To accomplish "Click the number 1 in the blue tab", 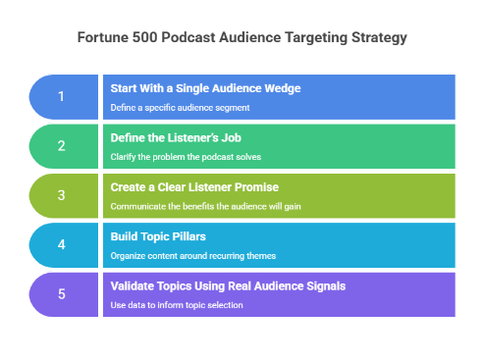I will pos(61,96).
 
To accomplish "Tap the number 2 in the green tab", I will pos(61,146).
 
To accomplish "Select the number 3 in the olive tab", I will pos(61,195).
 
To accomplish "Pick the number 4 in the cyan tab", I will pos(61,245).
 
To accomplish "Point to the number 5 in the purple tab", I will pos(61,294).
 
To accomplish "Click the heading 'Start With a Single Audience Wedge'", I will pos(205,88).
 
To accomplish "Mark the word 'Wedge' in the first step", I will pos(280,88).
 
